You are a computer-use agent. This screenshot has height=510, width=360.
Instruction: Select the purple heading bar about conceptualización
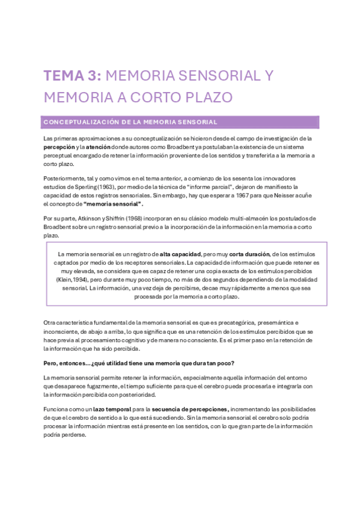pos(181,122)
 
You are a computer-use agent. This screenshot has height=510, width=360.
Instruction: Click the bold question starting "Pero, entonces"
pos(139,363)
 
